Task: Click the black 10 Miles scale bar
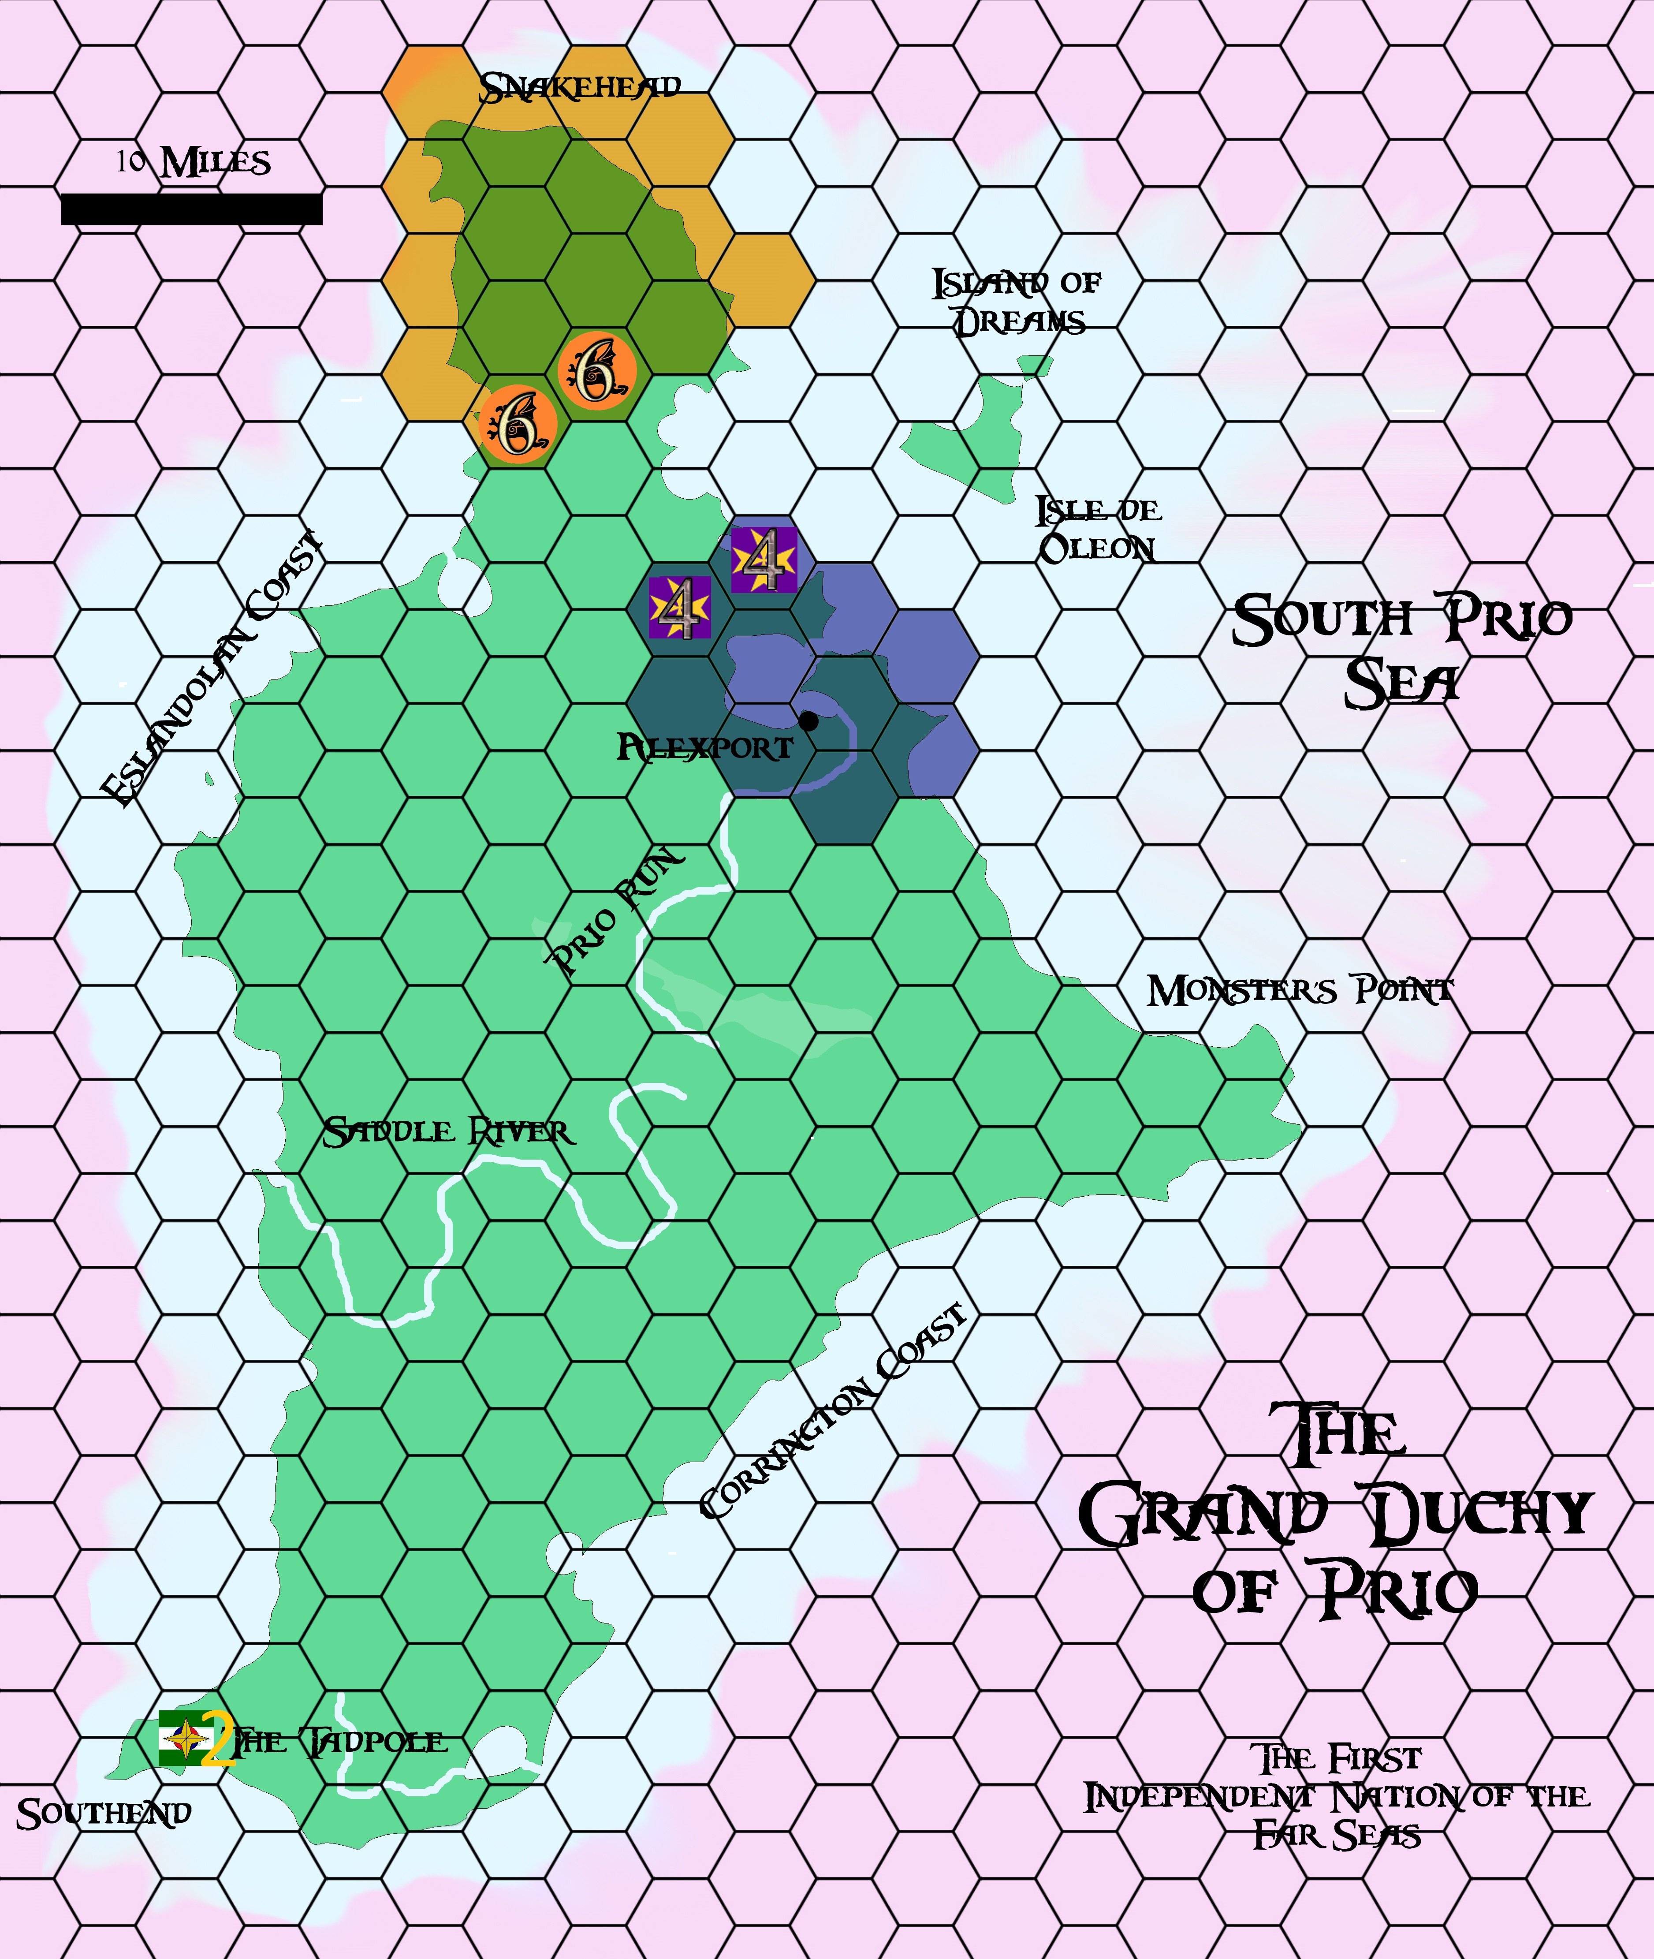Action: click(x=191, y=209)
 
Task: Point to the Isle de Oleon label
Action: click(x=1097, y=530)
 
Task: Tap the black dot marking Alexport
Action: click(x=808, y=721)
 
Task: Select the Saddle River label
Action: click(x=448, y=1132)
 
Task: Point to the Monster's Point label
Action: click(x=1300, y=990)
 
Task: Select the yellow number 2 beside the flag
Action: click(x=217, y=1739)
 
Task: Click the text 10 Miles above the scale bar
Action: click(x=194, y=162)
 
